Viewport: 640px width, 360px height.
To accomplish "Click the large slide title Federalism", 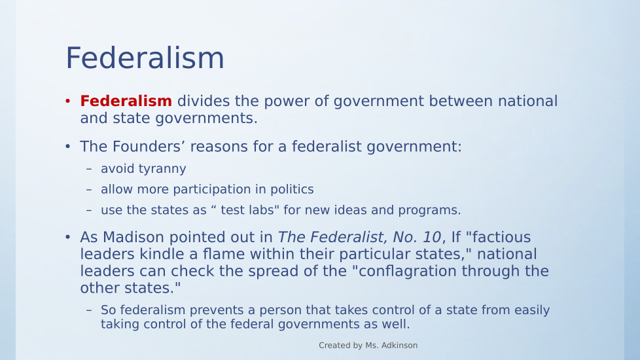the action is [x=145, y=58].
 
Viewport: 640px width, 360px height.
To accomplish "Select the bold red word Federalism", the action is [x=126, y=101].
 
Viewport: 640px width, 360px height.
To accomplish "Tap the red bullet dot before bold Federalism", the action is [x=68, y=101].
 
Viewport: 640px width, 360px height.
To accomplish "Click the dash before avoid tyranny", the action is [x=89, y=169].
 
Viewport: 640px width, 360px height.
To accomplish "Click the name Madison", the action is [x=133, y=237].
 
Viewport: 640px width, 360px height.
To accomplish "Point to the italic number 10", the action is [x=432, y=237].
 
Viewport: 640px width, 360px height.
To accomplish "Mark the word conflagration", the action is [x=409, y=272].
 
